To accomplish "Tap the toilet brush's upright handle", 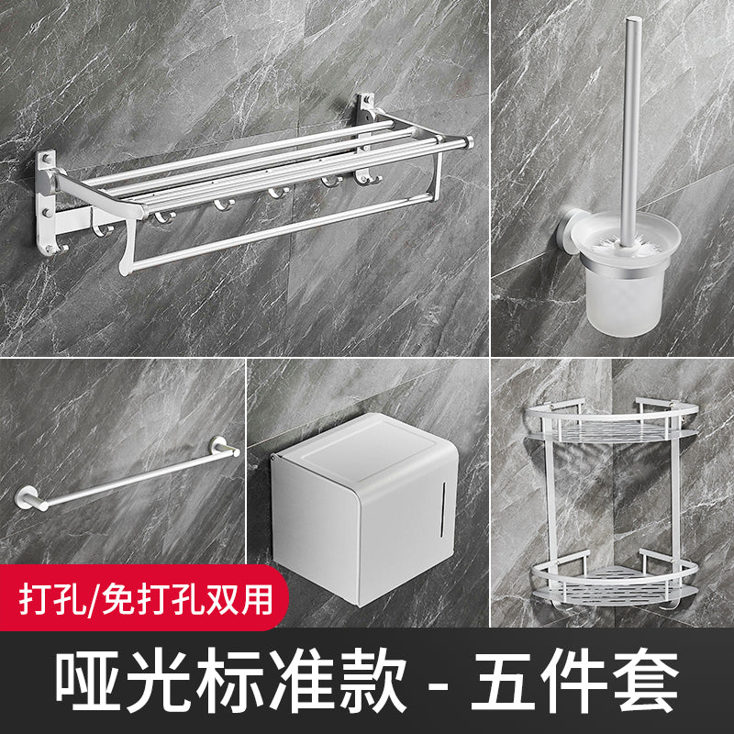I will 632,110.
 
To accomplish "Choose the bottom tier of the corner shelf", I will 617,576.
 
